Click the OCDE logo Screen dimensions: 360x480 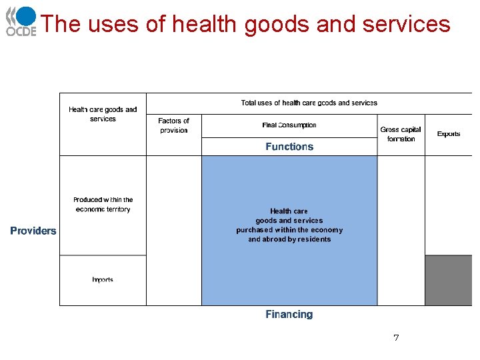pyautogui.click(x=21, y=21)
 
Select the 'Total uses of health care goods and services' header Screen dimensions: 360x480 pyautogui.click(x=309, y=103)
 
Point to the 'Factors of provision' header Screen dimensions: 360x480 pyautogui.click(x=173, y=125)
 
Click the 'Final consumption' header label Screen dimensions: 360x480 pyautogui.click(x=289, y=125)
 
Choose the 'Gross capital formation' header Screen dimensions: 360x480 pyautogui.click(x=401, y=134)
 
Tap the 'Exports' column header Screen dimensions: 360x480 pyautogui.click(x=449, y=134)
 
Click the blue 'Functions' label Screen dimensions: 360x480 pyautogui.click(x=289, y=147)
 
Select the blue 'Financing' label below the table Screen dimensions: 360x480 pyautogui.click(x=289, y=314)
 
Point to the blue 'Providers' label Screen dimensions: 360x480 pyautogui.click(x=33, y=231)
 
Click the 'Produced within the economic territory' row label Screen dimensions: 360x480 pyautogui.click(x=103, y=205)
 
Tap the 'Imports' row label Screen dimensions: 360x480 pyautogui.click(x=103, y=280)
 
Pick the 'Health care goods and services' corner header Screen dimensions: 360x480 pyautogui.click(x=103, y=114)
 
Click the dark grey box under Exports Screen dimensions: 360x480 pyautogui.click(x=448, y=280)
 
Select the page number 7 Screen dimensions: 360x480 pyautogui.click(x=396, y=338)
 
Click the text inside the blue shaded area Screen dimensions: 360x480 pyautogui.click(x=289, y=225)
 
